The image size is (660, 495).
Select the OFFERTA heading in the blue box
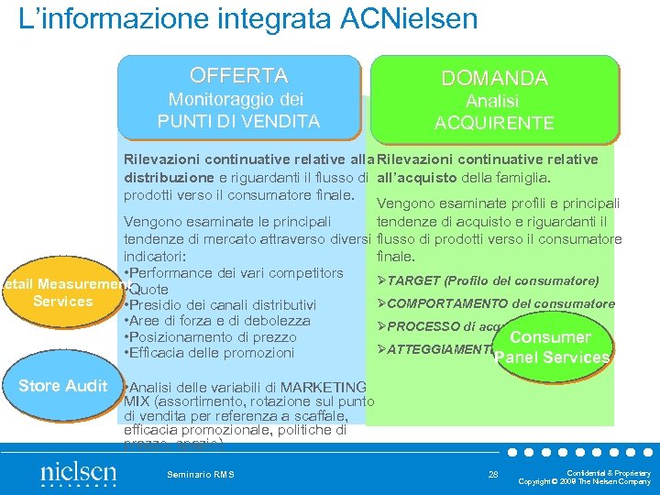(238, 75)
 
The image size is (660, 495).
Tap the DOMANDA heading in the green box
(494, 79)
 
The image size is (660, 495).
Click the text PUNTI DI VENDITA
(238, 121)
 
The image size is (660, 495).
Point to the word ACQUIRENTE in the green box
(494, 123)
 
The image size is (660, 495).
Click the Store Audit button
(62, 386)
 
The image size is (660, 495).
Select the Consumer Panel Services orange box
(550, 347)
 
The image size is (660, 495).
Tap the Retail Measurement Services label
(62, 292)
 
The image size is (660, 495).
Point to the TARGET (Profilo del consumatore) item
(494, 280)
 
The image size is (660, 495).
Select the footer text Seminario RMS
(201, 474)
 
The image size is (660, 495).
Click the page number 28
(494, 473)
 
